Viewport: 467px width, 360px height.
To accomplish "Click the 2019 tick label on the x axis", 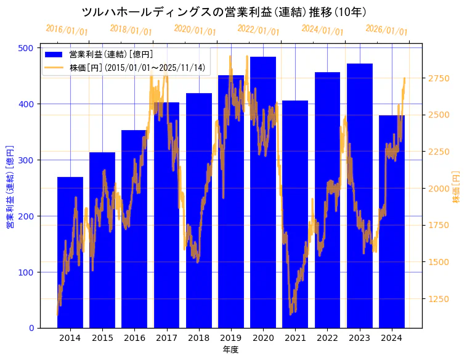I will tap(231, 338).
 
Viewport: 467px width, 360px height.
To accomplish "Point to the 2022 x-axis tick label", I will tap(327, 338).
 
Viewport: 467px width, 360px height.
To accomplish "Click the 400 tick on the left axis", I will tap(27, 104).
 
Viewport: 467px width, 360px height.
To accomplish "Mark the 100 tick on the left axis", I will tap(27, 272).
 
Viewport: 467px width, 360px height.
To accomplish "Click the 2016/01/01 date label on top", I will tap(67, 30).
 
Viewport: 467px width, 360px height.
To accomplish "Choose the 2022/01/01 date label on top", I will tap(258, 30).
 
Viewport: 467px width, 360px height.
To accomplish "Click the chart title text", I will tap(224, 12).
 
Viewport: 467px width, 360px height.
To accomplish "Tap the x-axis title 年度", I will tap(231, 350).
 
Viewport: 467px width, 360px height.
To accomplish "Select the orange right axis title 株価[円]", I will tap(457, 187).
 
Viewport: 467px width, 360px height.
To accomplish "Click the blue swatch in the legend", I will tap(54, 54).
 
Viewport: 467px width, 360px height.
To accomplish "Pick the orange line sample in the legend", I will tap(54, 67).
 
